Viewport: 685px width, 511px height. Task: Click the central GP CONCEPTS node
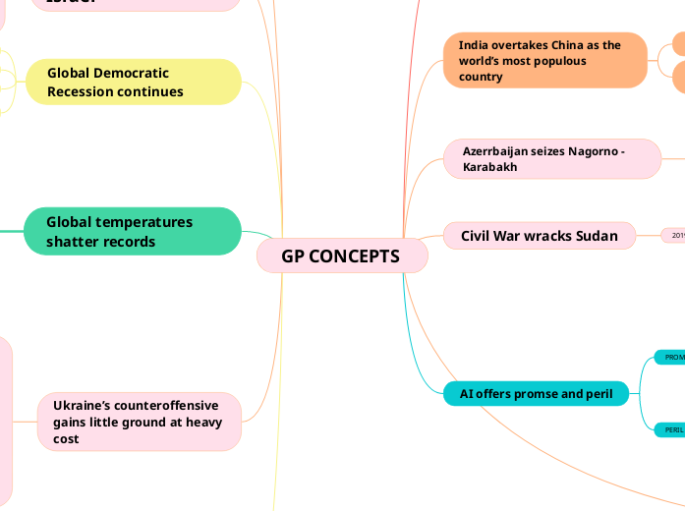pyautogui.click(x=341, y=256)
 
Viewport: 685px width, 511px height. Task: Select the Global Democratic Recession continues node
pyautogui.click(x=134, y=82)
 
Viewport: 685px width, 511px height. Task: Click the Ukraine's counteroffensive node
pyautogui.click(x=139, y=422)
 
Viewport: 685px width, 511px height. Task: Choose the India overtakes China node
pyautogui.click(x=544, y=60)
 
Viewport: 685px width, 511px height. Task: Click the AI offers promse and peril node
pyautogui.click(x=536, y=394)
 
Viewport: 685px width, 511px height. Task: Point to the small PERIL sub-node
pyautogui.click(x=673, y=429)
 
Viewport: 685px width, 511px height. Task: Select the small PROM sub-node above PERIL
pyautogui.click(x=673, y=358)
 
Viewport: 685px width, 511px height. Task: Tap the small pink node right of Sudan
pyautogui.click(x=675, y=236)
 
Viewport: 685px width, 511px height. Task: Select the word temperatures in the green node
pyautogui.click(x=145, y=222)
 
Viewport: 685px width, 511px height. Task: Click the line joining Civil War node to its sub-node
pyautogui.click(x=647, y=236)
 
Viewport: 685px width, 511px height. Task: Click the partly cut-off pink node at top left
pyautogui.click(x=138, y=4)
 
